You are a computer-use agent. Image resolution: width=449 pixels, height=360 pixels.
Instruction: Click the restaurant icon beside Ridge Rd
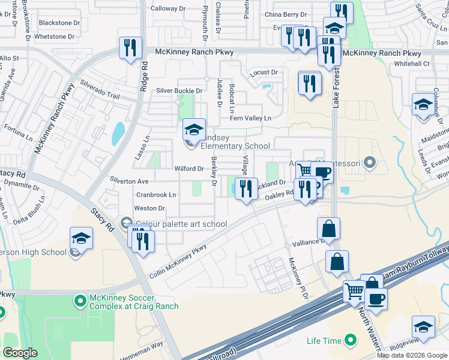130,48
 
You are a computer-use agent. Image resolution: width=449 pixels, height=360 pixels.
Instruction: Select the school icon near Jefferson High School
81,238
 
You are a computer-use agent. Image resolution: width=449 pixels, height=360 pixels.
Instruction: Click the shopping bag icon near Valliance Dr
328,229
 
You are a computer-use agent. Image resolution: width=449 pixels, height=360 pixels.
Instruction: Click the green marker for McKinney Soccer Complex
79,299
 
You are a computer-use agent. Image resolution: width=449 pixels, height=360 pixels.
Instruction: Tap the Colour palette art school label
181,224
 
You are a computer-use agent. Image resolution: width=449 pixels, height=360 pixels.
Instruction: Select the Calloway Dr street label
168,8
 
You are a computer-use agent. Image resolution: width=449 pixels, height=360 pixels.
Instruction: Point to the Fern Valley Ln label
250,119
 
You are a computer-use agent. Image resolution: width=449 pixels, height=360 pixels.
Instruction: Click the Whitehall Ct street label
412,64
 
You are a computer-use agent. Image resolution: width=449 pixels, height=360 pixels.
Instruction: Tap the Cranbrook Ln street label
156,195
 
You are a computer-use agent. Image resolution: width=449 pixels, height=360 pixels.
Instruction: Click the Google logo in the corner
20,353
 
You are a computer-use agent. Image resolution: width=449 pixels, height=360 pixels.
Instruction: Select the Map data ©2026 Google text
412,355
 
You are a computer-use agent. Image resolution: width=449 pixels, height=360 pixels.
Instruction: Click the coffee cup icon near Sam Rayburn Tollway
376,298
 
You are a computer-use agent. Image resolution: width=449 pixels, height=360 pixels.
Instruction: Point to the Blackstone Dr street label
59,23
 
